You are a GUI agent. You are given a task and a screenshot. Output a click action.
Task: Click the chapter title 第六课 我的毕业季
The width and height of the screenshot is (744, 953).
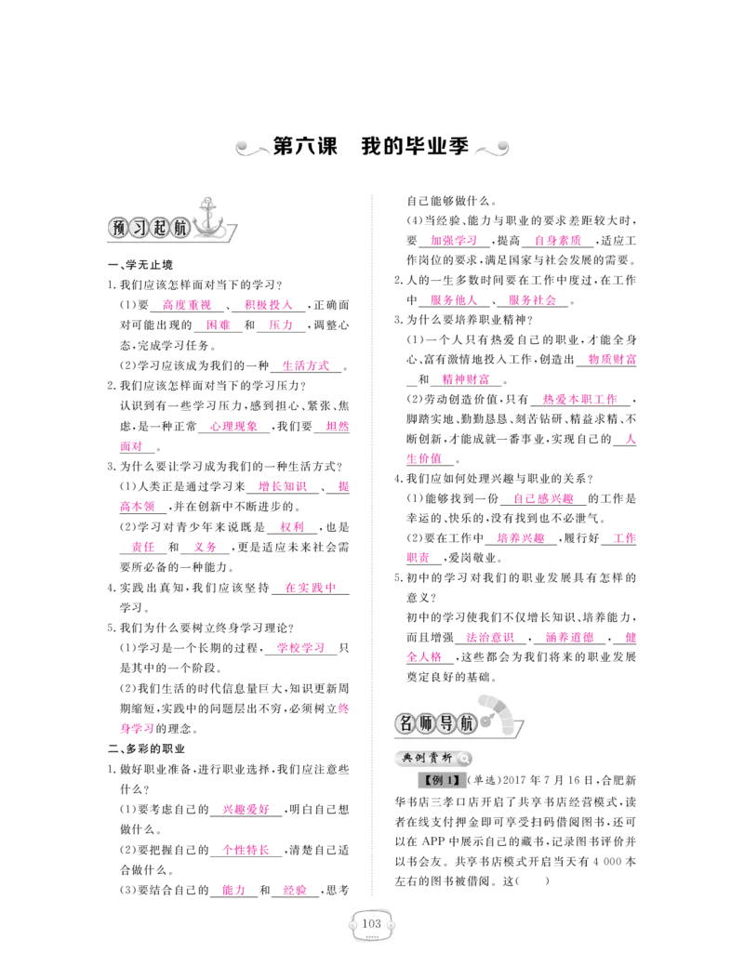(x=371, y=147)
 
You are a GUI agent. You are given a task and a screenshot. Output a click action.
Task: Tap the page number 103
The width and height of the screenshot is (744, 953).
(x=371, y=923)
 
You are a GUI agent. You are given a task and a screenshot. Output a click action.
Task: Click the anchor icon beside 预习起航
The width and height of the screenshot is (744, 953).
(x=209, y=218)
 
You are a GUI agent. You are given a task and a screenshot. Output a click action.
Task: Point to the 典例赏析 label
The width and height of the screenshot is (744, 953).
(x=427, y=758)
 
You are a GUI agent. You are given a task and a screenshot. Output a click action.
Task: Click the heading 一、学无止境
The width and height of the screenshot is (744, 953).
(x=140, y=265)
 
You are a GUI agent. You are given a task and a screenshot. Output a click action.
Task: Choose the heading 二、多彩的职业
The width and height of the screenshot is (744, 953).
(x=147, y=748)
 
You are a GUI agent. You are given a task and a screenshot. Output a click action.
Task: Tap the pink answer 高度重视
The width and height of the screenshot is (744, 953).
(x=187, y=305)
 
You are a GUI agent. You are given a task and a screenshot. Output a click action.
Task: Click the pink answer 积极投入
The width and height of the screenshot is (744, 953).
(x=268, y=305)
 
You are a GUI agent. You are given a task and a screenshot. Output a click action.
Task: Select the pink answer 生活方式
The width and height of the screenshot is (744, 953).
(x=306, y=366)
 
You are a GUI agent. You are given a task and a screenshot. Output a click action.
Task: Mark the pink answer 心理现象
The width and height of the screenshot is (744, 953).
(x=234, y=427)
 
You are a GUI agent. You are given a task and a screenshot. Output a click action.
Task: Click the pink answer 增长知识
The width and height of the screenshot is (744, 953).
(x=283, y=487)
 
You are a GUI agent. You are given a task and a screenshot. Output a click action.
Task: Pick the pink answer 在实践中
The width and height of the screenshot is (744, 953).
(x=311, y=588)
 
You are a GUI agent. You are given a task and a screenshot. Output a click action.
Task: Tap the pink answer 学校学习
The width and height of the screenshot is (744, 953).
(x=301, y=648)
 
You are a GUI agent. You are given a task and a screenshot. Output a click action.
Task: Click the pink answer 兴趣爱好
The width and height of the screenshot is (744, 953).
(x=246, y=810)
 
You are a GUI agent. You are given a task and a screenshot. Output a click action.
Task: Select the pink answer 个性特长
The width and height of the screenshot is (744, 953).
(x=246, y=851)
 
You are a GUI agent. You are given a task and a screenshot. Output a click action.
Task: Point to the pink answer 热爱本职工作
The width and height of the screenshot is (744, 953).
(x=580, y=399)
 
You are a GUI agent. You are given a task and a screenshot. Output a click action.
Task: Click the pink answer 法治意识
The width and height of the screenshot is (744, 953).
(x=490, y=638)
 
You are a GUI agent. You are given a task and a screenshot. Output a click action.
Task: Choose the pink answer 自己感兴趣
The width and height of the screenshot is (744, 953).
(x=543, y=499)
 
